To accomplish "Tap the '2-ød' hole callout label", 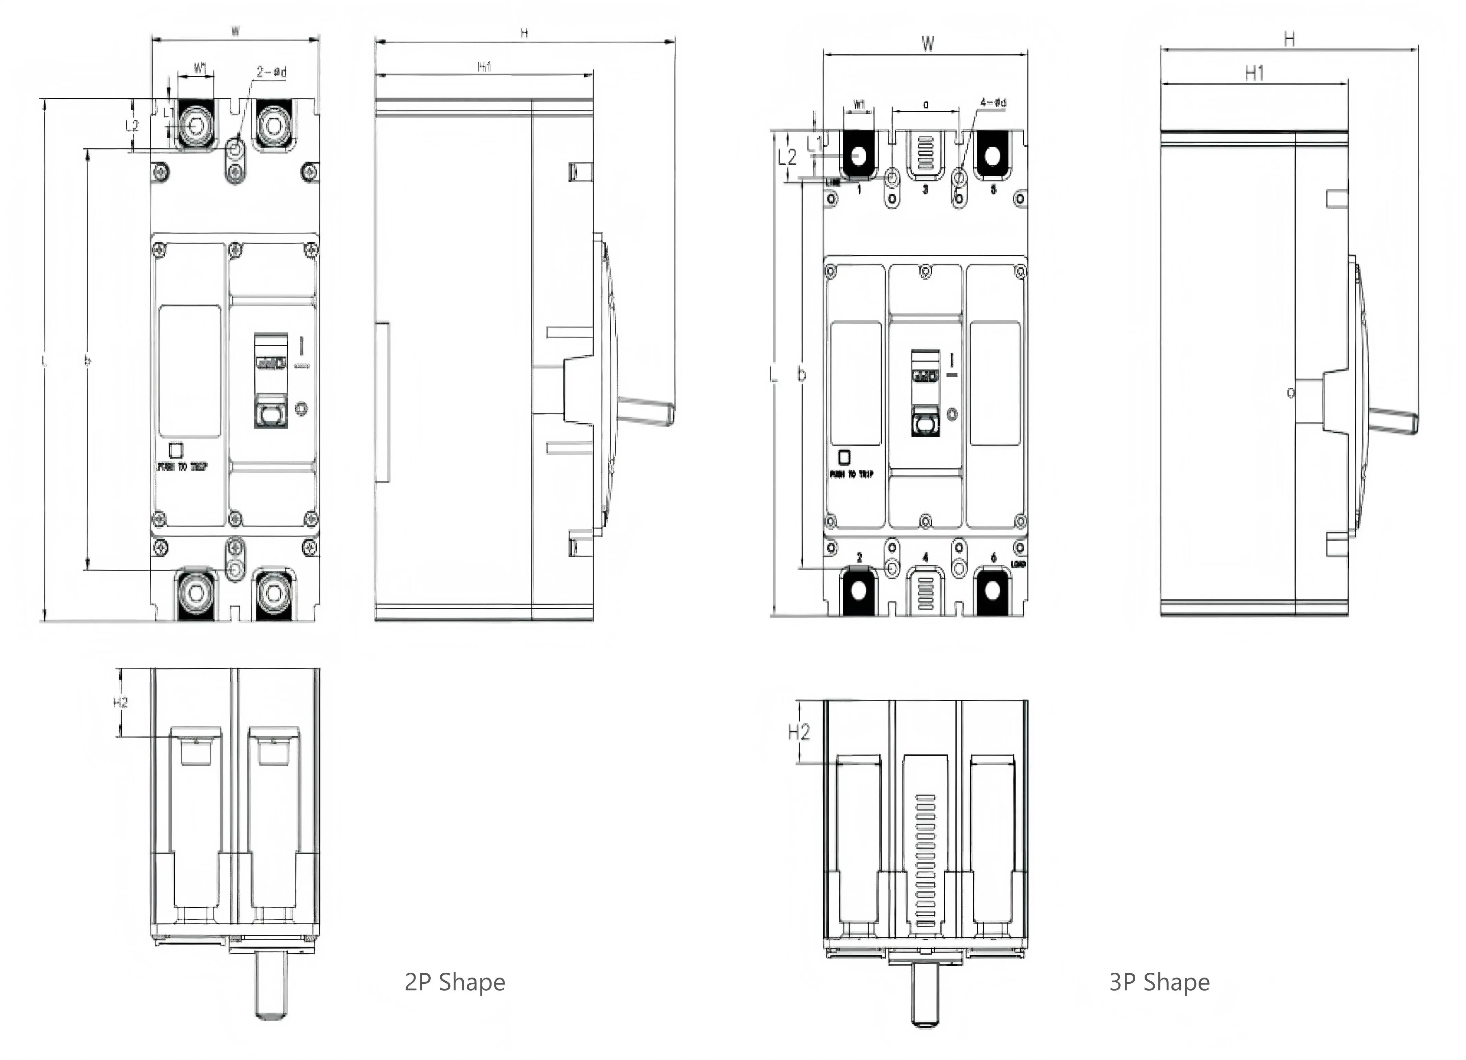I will (x=272, y=72).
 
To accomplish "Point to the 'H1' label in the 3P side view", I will (x=1255, y=73).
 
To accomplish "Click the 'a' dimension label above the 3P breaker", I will (x=926, y=104).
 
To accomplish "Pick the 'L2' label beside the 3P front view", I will (x=787, y=156).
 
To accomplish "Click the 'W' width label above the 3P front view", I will (x=928, y=43).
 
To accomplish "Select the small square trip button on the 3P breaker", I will (x=844, y=457).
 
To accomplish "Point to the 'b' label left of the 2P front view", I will (x=88, y=360).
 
